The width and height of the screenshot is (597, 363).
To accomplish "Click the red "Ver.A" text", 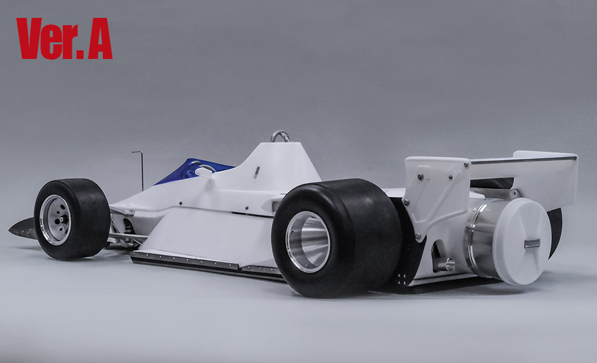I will click(64, 38).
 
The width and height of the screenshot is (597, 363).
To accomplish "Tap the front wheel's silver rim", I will click(55, 219).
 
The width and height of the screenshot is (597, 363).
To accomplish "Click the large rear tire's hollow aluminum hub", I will click(307, 242).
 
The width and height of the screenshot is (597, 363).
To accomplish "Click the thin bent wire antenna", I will click(140, 169).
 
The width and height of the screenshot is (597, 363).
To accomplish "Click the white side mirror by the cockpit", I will click(206, 172).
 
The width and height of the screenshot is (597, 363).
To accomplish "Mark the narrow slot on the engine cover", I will click(256, 172).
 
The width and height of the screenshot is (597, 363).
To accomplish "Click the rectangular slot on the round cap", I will click(532, 243).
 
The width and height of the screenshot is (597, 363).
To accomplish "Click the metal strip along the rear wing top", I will click(524, 159).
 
